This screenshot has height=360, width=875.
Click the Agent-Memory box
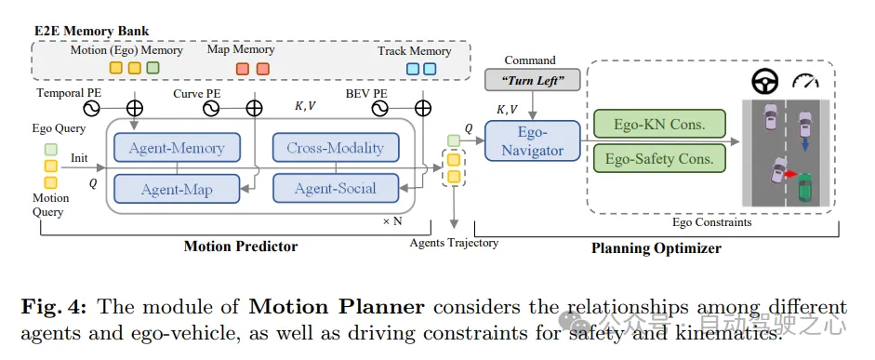pos(177,148)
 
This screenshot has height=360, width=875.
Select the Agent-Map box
pos(177,189)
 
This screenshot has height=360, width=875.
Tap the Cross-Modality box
pos(336,148)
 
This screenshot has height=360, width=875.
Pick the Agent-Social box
pos(336,188)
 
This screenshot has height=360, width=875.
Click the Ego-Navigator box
pos(533,140)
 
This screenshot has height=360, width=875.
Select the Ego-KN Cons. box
pos(659,124)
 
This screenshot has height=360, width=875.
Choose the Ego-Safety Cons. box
pos(659,158)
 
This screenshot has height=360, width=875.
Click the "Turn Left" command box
pos(534,80)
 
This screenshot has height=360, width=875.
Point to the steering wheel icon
pos(764,82)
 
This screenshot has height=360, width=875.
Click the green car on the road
pos(804,188)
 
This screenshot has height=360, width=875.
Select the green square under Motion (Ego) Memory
pos(152,68)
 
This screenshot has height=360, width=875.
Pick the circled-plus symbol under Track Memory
pos(423,108)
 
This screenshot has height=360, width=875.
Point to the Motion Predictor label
pos(241,247)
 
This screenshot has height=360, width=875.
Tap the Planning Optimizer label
pos(656,247)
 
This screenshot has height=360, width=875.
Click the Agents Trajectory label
pos(454,243)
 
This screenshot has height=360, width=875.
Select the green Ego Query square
pos(50,150)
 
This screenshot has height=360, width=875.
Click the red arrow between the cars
pos(790,175)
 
